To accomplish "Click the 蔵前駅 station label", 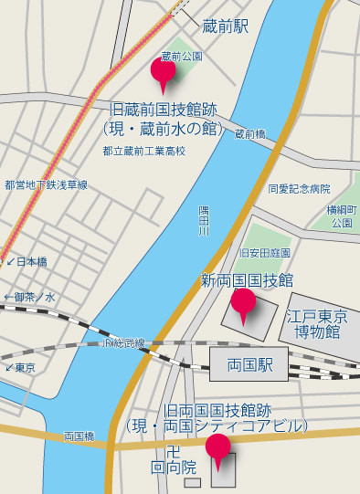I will click(225, 26).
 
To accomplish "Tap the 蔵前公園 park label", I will click(180, 56).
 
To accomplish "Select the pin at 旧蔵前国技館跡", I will click(163, 71).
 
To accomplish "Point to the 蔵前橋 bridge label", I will click(249, 134).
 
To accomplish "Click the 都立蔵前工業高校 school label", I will click(143, 151).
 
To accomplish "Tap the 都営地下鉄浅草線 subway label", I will click(46, 184).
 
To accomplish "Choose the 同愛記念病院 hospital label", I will click(299, 189).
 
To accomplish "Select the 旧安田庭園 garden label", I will click(264, 252).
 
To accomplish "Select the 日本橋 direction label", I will click(26, 261).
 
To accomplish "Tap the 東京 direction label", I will click(22, 368).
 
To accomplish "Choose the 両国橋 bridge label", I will click(79, 437).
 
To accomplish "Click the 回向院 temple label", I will click(174, 467).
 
